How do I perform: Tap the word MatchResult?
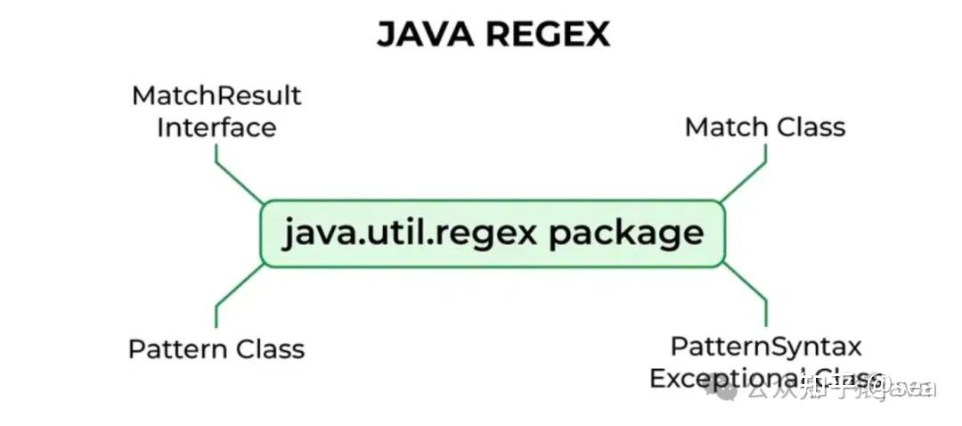216,95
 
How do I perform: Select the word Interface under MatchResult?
216,127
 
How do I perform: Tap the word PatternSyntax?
766,346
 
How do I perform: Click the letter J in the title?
387,35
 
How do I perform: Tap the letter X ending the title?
598,35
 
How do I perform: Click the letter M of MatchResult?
143,95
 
